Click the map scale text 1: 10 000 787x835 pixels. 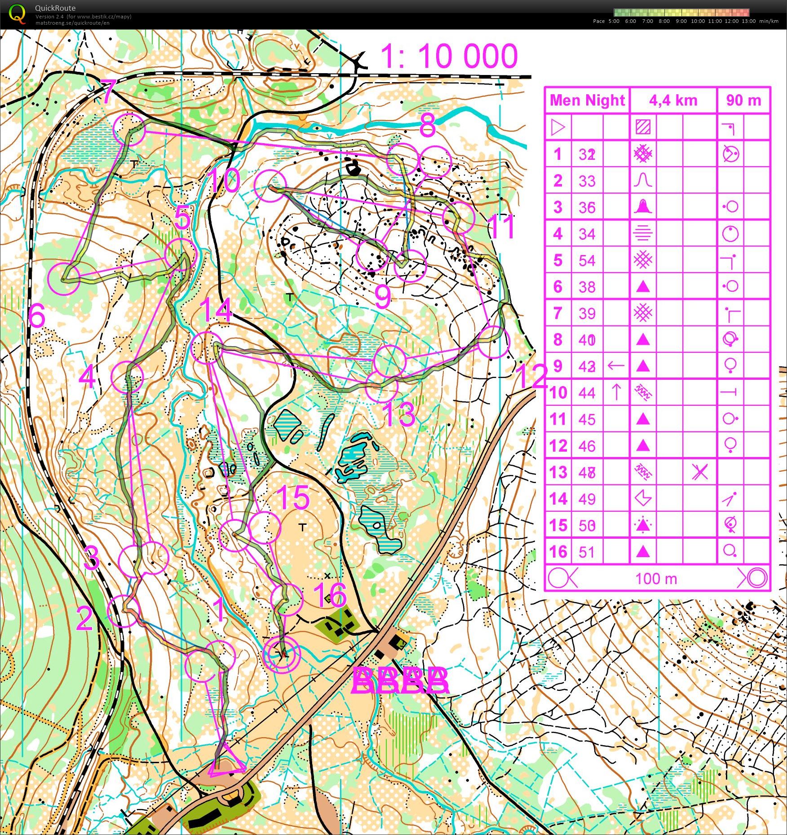pos(449,56)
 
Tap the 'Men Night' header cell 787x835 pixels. pos(587,100)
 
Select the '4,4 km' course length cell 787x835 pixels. pos(673,101)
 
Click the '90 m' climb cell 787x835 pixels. pos(743,100)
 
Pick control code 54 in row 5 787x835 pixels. pos(587,260)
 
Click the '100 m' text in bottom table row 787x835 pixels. pos(656,579)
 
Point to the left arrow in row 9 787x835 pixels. pos(616,366)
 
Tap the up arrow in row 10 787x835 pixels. pos(616,392)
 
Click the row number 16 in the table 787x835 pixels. pos(558,551)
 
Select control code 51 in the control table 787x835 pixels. pos(587,552)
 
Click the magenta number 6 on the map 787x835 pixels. pos(36,316)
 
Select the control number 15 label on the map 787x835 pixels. pos(293,497)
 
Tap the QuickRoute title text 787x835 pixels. pos(55,8)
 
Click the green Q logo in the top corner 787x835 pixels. pos(17,13)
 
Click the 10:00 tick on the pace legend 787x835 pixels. pos(698,21)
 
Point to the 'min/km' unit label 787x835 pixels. pos(769,21)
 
